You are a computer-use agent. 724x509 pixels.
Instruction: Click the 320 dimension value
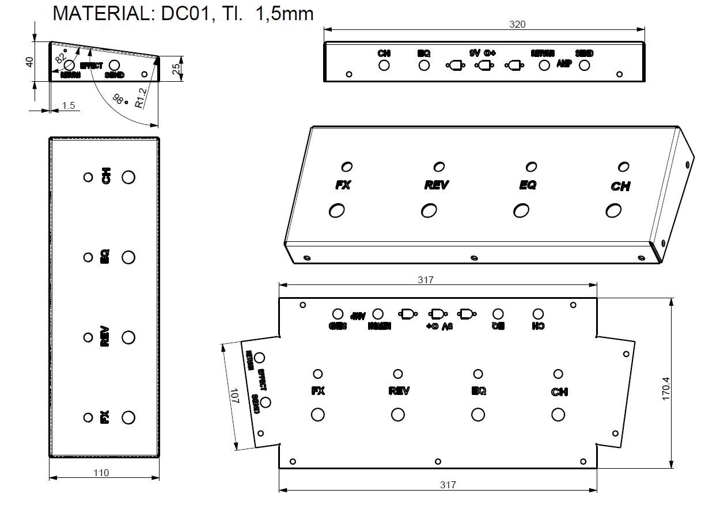[x=518, y=24]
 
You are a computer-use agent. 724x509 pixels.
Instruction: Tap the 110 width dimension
[x=101, y=473]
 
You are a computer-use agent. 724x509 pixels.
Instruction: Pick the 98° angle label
[x=119, y=100]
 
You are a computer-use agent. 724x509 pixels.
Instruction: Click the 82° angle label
[x=60, y=56]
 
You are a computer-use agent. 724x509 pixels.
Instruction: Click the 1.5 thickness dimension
[x=69, y=105]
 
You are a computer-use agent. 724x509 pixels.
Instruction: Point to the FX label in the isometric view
[x=343, y=185]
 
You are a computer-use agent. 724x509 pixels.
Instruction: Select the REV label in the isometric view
[x=436, y=185]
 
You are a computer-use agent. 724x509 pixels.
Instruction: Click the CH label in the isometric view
[x=620, y=187]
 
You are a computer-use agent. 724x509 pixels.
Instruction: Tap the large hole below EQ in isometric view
[x=521, y=211]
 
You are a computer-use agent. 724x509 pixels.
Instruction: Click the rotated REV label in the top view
[x=105, y=336]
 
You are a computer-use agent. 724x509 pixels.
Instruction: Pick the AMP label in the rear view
[x=563, y=64]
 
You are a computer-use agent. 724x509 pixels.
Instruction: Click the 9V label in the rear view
[x=475, y=53]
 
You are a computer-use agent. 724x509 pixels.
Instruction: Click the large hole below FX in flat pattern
[x=317, y=414]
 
